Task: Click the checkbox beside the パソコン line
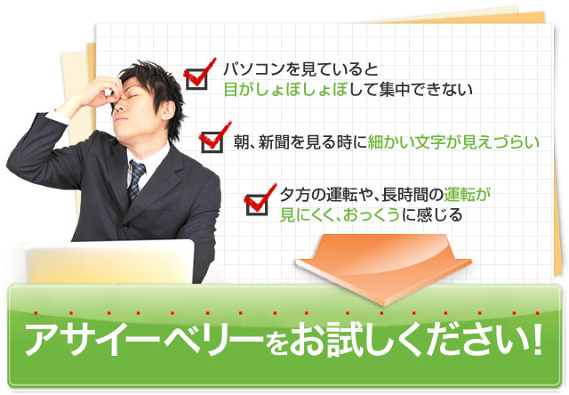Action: pyautogui.click(x=196, y=79)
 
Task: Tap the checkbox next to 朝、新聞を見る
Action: pyautogui.click(x=212, y=142)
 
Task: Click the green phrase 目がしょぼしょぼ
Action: pyautogui.click(x=286, y=89)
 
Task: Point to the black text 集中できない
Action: pyautogui.click(x=426, y=89)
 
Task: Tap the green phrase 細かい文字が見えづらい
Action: pyautogui.click(x=453, y=142)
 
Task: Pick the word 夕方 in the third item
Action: pyautogui.click(x=294, y=195)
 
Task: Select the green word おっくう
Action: pyautogui.click(x=372, y=215)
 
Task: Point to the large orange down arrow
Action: pyautogui.click(x=384, y=270)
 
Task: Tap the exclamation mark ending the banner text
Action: pyautogui.click(x=536, y=338)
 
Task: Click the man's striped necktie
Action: pyautogui.click(x=136, y=180)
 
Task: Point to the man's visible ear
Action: pyautogui.click(x=168, y=110)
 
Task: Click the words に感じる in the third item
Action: pyautogui.click(x=432, y=215)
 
